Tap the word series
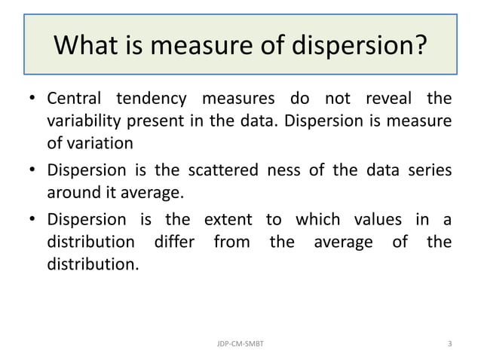(429, 170)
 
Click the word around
(72, 192)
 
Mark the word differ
(173, 242)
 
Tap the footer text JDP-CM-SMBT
(240, 343)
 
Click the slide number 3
(450, 343)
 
